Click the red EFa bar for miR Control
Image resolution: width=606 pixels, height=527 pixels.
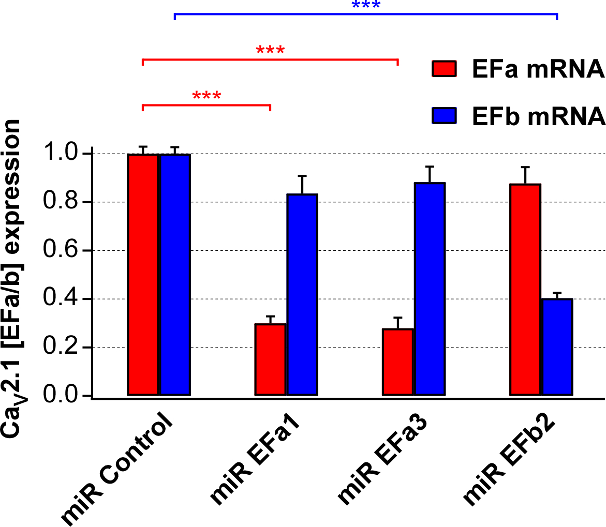click(143, 275)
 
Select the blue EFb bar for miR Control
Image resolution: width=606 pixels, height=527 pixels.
click(175, 275)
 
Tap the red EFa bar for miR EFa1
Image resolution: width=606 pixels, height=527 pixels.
click(270, 360)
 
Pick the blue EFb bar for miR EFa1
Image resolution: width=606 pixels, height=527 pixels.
click(303, 295)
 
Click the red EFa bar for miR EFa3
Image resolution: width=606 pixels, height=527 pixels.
click(397, 362)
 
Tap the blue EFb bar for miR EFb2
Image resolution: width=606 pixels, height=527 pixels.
click(557, 348)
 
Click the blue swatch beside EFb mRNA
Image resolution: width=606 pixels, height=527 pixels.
click(444, 115)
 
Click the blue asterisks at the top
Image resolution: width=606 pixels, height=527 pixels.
click(366, 6)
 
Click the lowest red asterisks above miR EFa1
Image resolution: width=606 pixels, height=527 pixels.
click(206, 96)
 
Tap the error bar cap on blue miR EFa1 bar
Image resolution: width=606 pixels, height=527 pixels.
click(303, 176)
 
